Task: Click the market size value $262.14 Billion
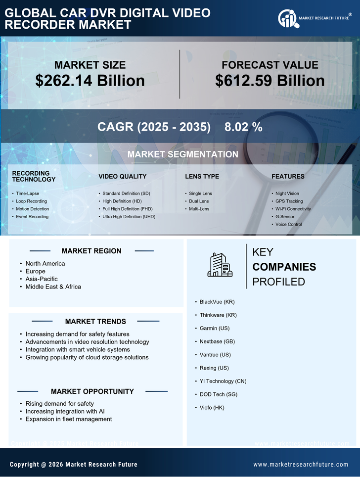click(90, 81)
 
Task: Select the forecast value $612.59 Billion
click(270, 81)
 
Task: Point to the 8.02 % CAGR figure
click(243, 127)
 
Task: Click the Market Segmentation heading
click(182, 154)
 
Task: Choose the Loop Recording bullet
click(31, 201)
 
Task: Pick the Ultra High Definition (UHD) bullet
click(129, 217)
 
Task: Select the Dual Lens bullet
click(199, 201)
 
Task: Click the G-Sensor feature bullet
click(285, 217)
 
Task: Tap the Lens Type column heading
click(202, 177)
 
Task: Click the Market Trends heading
click(95, 322)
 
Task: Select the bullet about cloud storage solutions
click(87, 357)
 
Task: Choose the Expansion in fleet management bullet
click(69, 419)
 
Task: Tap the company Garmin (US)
click(215, 328)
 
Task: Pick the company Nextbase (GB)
click(217, 341)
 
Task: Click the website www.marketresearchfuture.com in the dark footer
click(301, 465)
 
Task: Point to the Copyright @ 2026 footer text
click(74, 465)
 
